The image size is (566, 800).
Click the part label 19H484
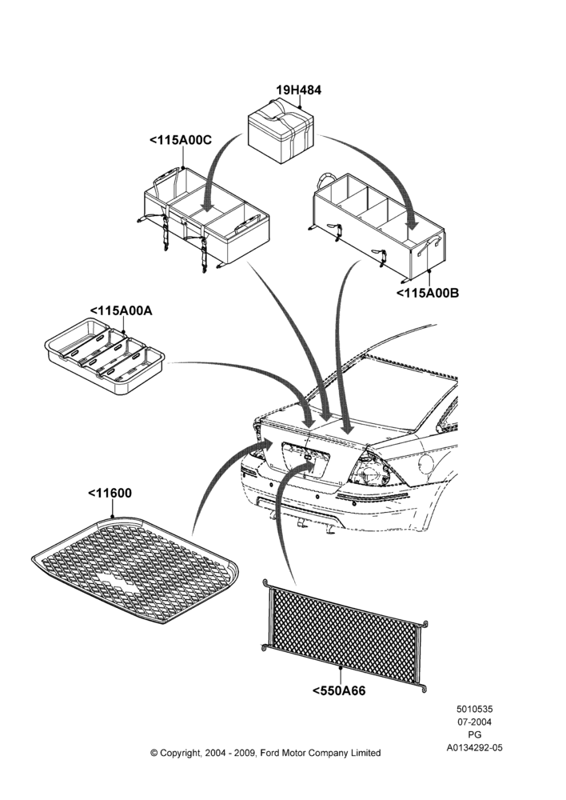299,90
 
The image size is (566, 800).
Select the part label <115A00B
428,293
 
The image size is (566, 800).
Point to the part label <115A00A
121,310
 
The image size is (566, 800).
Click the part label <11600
110,493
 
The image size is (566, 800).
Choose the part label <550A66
339,691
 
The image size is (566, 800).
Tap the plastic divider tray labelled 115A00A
105,356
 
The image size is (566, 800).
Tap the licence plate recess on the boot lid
305,461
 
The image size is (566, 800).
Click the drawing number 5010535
474,709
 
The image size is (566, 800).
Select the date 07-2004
474,722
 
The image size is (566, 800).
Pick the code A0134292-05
474,747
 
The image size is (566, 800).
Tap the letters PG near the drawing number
474,734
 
